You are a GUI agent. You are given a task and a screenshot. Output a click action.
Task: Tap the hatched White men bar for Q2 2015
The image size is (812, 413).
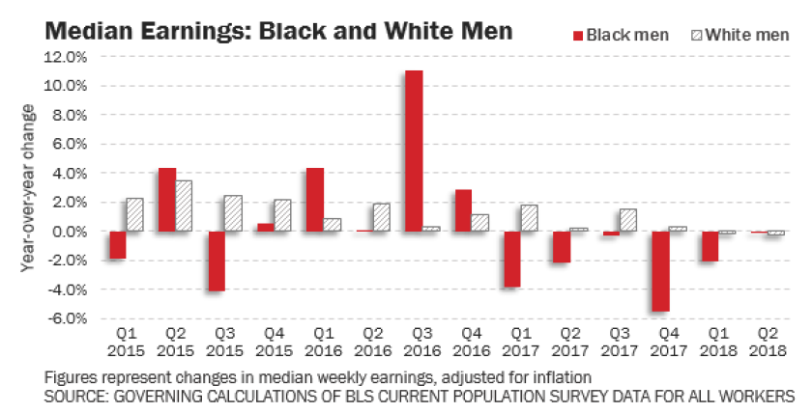tap(185, 206)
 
